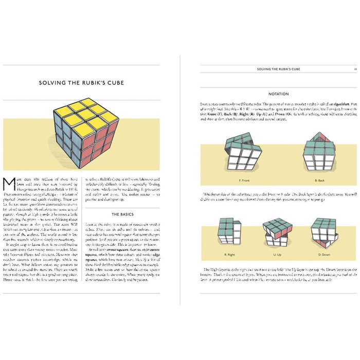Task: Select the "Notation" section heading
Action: click(279, 94)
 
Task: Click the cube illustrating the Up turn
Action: click(278, 232)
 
